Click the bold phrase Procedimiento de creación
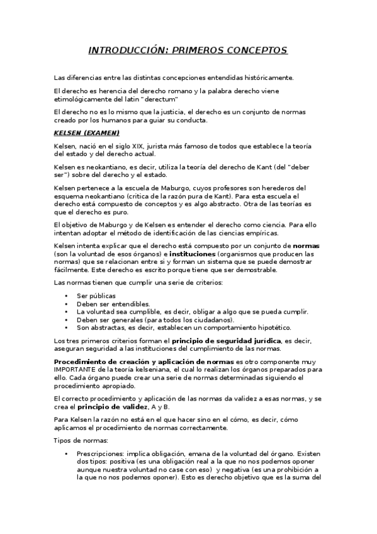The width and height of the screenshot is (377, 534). tap(125, 362)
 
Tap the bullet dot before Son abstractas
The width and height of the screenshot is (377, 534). tap(66, 327)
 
